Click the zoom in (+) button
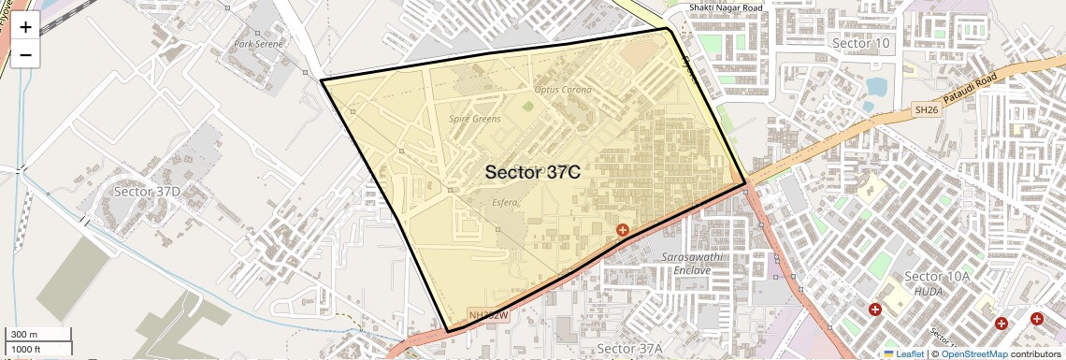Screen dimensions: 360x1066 tap(25, 27)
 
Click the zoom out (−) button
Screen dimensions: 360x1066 tap(25, 54)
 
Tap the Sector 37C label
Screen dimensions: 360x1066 tap(533, 172)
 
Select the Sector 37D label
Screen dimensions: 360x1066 tap(146, 192)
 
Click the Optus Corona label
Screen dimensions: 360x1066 tap(563, 90)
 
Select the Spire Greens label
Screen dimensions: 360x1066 tap(475, 119)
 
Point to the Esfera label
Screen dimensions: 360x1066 tap(504, 202)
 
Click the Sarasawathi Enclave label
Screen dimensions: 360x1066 tap(693, 263)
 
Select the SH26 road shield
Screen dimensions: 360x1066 tap(925, 110)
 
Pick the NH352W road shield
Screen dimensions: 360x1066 tap(488, 315)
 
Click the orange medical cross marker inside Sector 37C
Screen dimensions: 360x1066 tap(622, 229)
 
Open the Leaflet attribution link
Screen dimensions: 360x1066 tap(903, 353)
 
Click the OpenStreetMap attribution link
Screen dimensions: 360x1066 tap(973, 353)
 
